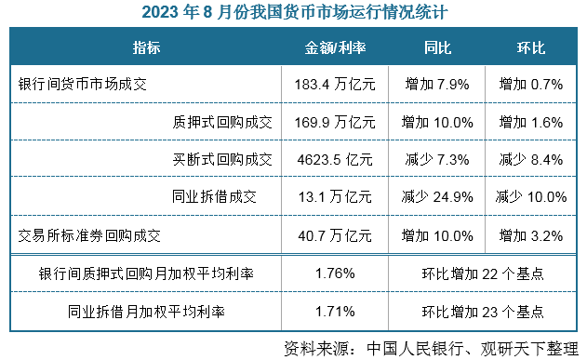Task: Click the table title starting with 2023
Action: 293,13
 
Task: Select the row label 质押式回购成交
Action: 215,121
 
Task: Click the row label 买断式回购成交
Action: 215,159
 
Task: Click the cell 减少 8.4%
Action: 531,159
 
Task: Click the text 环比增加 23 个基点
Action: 483,311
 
